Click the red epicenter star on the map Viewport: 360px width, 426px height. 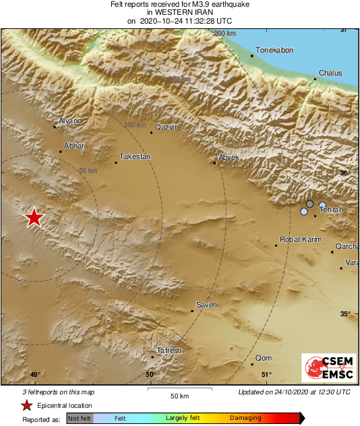[x=34, y=218]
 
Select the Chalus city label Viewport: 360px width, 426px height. [x=330, y=73]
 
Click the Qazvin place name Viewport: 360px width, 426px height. [x=167, y=127]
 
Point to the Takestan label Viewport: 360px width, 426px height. [x=135, y=156]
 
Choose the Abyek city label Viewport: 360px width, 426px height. [x=229, y=157]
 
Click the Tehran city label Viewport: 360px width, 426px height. [x=331, y=210]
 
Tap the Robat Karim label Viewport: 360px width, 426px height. [x=301, y=239]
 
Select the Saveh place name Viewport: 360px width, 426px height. [x=206, y=305]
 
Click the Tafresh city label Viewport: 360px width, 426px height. [x=169, y=351]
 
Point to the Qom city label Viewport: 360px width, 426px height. [x=264, y=358]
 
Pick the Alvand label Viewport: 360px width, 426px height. [x=71, y=121]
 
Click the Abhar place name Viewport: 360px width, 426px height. [x=74, y=146]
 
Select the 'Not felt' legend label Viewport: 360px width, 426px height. [x=80, y=418]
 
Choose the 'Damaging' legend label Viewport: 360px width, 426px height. [x=245, y=418]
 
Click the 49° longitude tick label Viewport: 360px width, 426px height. [x=35, y=375]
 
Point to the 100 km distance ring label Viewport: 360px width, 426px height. [x=136, y=125]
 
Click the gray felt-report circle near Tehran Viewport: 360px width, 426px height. [x=309, y=204]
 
